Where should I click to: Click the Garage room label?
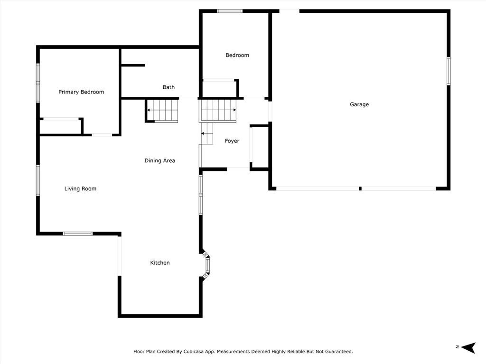pyautogui.click(x=359, y=104)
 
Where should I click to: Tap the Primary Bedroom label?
pyautogui.click(x=81, y=92)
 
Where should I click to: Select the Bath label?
pyautogui.click(x=168, y=87)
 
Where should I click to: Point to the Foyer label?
pyautogui.click(x=232, y=141)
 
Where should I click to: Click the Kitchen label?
pyautogui.click(x=160, y=262)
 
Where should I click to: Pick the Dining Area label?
pyautogui.click(x=160, y=160)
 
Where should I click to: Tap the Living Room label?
pyautogui.click(x=80, y=188)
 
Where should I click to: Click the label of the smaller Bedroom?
pyautogui.click(x=237, y=55)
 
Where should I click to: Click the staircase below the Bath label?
pyautogui.click(x=162, y=111)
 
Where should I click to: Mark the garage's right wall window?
pyautogui.click(x=449, y=71)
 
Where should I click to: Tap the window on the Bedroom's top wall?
pyautogui.click(x=230, y=11)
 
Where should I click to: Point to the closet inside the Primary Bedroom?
pyautogui.click(x=61, y=127)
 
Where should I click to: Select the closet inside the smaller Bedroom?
pyautogui.click(x=220, y=89)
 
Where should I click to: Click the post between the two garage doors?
pyautogui.click(x=360, y=188)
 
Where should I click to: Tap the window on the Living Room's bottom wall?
pyautogui.click(x=78, y=233)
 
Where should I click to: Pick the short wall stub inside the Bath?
pyautogui.click(x=133, y=65)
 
